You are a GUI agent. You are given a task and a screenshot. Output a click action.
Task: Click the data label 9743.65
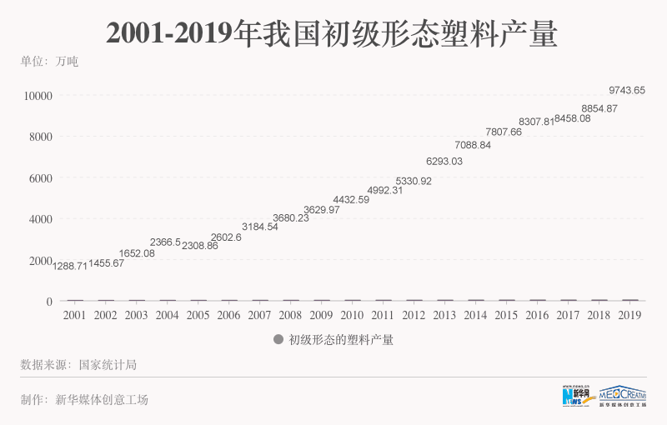627,90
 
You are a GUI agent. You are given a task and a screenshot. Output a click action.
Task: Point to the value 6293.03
444,161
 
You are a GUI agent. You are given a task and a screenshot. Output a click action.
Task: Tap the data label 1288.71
70,265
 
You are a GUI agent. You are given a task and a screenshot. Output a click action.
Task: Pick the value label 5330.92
414,181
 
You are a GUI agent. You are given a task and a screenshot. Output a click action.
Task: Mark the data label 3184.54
260,227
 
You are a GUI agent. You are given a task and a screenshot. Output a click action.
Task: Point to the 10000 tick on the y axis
38,96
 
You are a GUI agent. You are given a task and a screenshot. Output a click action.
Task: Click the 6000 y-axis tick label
40,178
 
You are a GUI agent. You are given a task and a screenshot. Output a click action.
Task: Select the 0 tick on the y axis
49,302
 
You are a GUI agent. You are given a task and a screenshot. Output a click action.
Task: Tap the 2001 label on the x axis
74,316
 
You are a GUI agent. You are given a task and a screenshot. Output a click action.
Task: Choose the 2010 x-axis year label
352,316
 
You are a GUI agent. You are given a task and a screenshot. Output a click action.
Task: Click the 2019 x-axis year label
629,316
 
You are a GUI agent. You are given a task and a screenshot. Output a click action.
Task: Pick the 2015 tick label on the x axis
506,316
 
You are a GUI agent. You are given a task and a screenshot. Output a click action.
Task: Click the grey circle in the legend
278,340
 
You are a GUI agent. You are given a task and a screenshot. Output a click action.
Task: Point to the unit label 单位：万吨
49,62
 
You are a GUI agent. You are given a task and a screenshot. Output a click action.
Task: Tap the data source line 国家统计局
78,364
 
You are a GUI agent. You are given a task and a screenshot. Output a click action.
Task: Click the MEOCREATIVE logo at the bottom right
623,397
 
